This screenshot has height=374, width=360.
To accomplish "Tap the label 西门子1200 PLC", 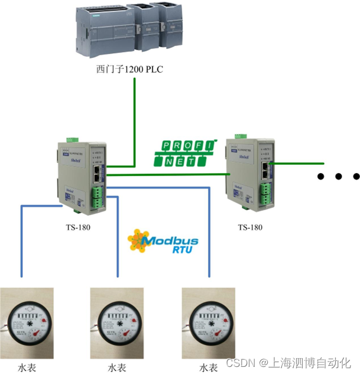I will click(x=129, y=70).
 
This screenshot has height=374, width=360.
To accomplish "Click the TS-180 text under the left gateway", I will click(x=78, y=227).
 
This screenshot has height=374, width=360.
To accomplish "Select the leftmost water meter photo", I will click(x=27, y=323).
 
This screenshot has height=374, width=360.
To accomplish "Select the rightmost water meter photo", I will click(x=208, y=323).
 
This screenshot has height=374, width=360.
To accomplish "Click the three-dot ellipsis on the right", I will click(x=338, y=176).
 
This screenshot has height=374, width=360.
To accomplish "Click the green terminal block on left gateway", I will click(x=97, y=198).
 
